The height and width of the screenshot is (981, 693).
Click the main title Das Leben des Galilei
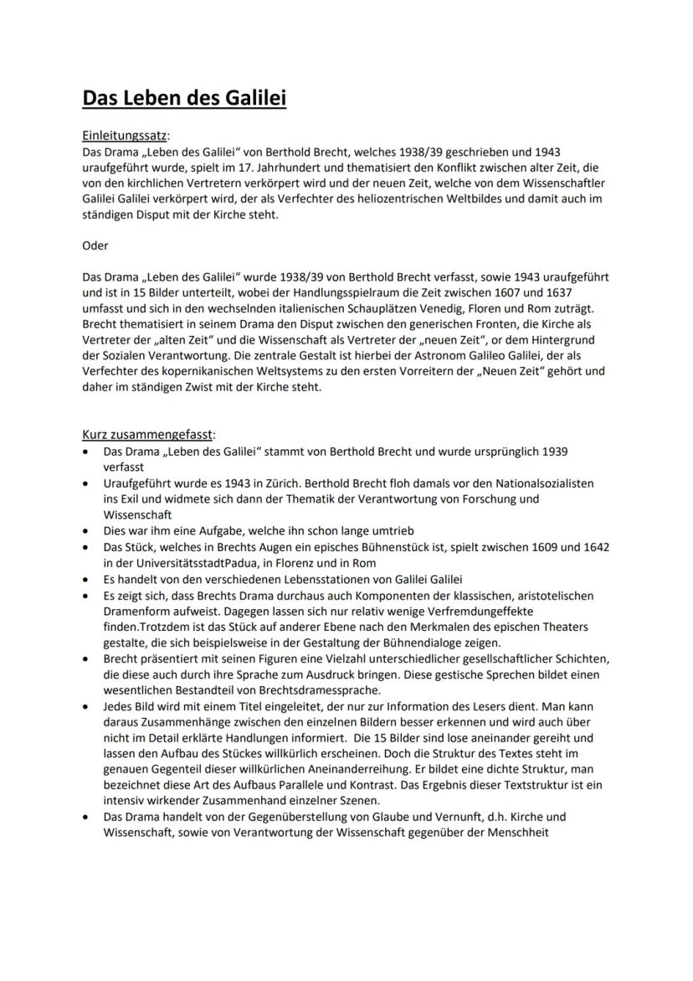click(x=184, y=98)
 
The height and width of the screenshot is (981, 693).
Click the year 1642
click(x=592, y=547)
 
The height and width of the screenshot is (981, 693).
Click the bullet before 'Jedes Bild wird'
click(x=86, y=707)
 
